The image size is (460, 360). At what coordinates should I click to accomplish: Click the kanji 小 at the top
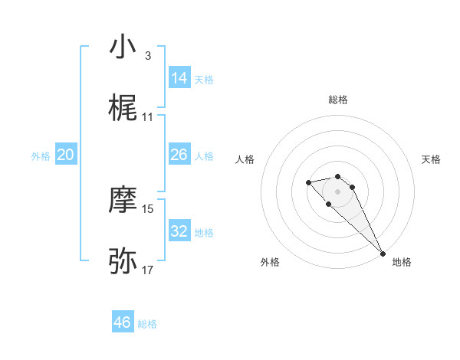tap(123, 47)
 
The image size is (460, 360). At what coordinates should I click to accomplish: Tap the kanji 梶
tap(123, 108)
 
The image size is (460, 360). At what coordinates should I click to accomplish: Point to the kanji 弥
tap(123, 261)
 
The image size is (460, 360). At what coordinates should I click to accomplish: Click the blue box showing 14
tap(179, 78)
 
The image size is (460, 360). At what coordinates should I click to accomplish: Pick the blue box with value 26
tap(179, 155)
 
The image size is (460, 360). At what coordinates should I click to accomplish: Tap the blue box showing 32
tap(179, 231)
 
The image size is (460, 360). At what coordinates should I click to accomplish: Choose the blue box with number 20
tap(65, 155)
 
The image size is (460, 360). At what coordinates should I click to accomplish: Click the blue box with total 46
tap(123, 322)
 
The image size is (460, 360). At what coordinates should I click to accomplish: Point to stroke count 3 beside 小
tap(148, 56)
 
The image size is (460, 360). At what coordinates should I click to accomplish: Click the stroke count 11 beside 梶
tap(148, 117)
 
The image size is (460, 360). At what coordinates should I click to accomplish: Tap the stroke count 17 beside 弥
tap(148, 270)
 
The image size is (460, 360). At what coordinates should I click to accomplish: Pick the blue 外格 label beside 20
tap(41, 156)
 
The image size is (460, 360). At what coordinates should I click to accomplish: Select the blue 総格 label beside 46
tap(147, 324)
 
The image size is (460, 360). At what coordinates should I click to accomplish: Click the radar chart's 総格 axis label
tap(337, 100)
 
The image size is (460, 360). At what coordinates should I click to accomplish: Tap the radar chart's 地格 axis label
tap(402, 262)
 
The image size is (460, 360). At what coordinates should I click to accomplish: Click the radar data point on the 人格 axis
tap(308, 182)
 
